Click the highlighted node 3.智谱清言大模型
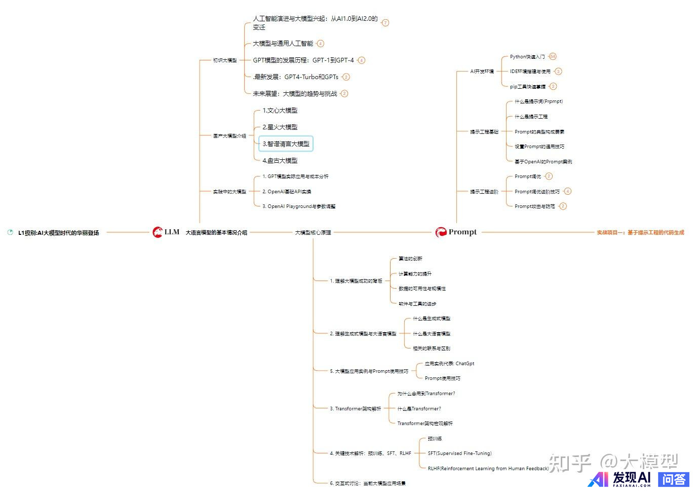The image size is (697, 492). pyautogui.click(x=286, y=144)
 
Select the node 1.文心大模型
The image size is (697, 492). pyautogui.click(x=280, y=111)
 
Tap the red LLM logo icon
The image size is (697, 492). pyautogui.click(x=158, y=232)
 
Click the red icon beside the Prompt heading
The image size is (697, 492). pyautogui.click(x=441, y=232)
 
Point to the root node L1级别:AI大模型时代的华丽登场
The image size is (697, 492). pyautogui.click(x=58, y=233)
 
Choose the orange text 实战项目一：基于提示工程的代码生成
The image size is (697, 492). pyautogui.click(x=640, y=232)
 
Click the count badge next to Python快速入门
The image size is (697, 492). pyautogui.click(x=553, y=56)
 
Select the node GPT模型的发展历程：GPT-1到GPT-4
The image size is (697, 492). pyautogui.click(x=303, y=60)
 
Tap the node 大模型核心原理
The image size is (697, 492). pyautogui.click(x=313, y=232)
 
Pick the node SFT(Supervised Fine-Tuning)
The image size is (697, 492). pyautogui.click(x=459, y=453)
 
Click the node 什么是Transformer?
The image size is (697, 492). pyautogui.click(x=419, y=409)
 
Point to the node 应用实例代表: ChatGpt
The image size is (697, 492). pyautogui.click(x=449, y=364)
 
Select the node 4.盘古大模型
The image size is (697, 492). pyautogui.click(x=280, y=161)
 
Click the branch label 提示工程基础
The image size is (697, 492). pyautogui.click(x=484, y=132)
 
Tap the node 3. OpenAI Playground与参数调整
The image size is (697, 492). pyautogui.click(x=299, y=206)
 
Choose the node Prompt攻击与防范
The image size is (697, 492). pyautogui.click(x=534, y=206)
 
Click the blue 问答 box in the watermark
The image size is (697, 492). pyautogui.click(x=674, y=479)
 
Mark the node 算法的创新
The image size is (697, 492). pyautogui.click(x=410, y=259)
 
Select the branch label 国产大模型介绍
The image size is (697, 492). pyautogui.click(x=229, y=136)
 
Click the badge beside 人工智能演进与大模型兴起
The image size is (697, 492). pyautogui.click(x=385, y=23)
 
